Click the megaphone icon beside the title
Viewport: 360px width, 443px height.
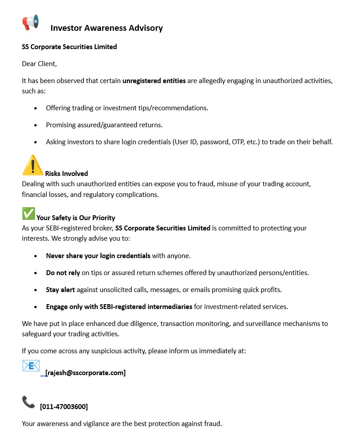click(30, 22)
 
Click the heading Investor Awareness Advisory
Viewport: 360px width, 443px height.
click(106, 28)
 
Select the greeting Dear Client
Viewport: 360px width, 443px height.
click(39, 63)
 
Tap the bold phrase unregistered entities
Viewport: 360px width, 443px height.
click(154, 81)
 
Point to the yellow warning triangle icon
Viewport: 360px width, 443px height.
click(33, 165)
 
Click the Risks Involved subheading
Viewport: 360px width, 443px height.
click(67, 174)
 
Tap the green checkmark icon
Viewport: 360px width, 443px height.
click(29, 213)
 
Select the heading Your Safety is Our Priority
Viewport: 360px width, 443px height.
click(76, 218)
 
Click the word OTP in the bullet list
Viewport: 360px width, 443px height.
click(238, 142)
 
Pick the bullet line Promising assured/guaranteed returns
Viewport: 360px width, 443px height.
click(104, 125)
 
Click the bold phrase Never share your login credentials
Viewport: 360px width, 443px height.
click(98, 256)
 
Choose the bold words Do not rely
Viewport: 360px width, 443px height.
click(63, 273)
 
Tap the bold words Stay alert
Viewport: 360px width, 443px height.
click(60, 290)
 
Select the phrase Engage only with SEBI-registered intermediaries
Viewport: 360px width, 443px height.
click(119, 307)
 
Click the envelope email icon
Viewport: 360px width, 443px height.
click(31, 366)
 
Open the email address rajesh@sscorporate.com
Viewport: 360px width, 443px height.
click(85, 373)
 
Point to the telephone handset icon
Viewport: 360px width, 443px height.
click(28, 402)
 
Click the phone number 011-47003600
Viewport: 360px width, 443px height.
click(64, 407)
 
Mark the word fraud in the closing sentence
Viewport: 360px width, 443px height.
click(212, 423)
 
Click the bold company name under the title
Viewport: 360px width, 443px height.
click(69, 46)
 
